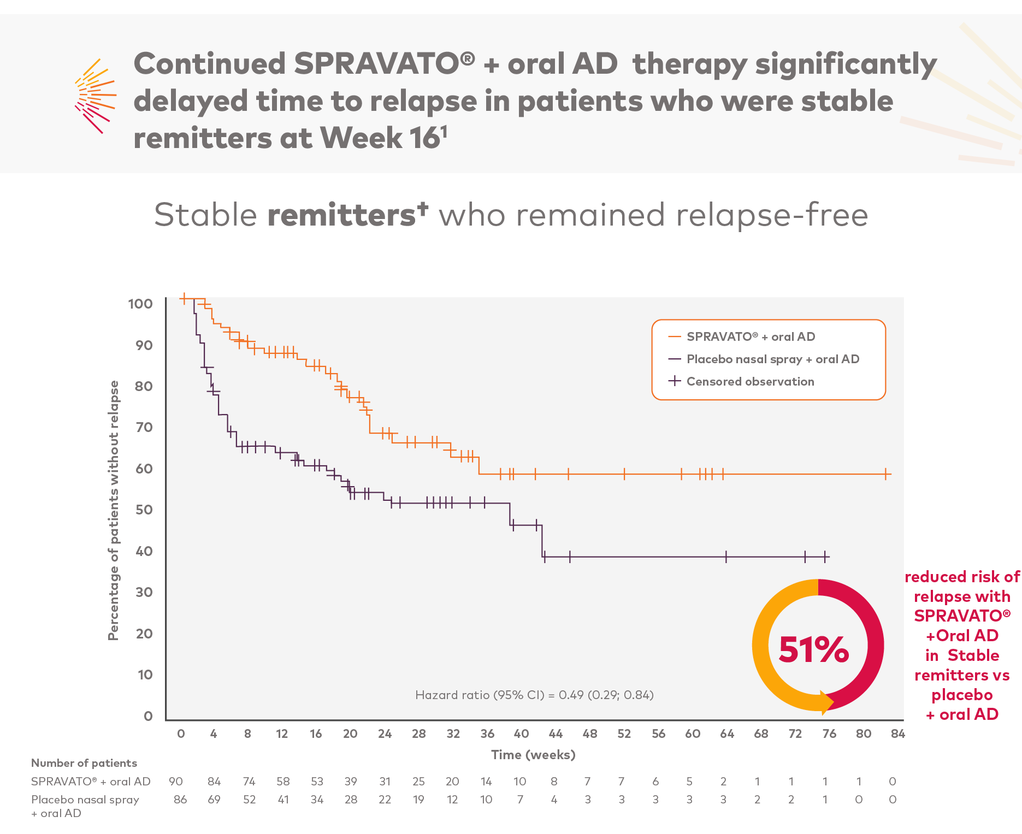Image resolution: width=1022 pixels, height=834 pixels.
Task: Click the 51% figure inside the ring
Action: click(x=813, y=649)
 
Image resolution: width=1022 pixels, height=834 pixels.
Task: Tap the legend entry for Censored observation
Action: click(x=749, y=382)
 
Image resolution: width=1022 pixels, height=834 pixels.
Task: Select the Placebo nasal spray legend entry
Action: click(x=772, y=359)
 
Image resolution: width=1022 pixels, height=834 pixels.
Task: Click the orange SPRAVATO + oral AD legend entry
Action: click(x=750, y=337)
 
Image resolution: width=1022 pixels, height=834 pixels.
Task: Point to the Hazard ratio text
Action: click(x=534, y=695)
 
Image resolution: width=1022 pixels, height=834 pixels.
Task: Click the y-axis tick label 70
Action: click(x=144, y=427)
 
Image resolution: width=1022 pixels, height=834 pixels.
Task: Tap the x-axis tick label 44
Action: click(x=555, y=734)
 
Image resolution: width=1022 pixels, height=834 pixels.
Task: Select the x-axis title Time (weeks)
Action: click(x=533, y=755)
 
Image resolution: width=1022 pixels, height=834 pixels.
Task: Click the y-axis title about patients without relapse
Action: click(x=113, y=510)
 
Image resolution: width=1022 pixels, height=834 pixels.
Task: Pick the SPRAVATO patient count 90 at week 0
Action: click(x=176, y=782)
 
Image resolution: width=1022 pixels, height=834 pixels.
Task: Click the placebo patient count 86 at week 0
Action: click(x=180, y=800)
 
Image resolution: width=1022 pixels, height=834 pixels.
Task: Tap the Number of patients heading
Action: click(x=84, y=763)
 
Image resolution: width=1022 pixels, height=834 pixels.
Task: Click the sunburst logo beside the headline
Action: click(x=95, y=96)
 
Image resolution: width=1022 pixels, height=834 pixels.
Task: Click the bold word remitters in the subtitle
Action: click(x=341, y=215)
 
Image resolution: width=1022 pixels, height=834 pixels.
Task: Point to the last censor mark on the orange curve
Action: click(x=885, y=474)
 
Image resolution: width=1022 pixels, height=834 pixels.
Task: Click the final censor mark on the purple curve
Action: click(x=825, y=557)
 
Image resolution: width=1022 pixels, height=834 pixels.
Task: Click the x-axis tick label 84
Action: click(x=897, y=734)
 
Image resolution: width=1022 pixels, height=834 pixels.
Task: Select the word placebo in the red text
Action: click(x=962, y=695)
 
